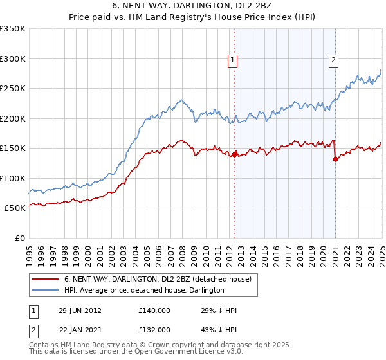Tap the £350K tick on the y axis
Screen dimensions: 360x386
tap(13, 29)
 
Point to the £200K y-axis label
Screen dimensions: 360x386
tap(13, 118)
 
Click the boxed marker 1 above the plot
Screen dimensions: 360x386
tap(233, 61)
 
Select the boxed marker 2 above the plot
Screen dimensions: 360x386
tap(334, 61)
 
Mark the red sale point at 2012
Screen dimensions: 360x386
tap(235, 154)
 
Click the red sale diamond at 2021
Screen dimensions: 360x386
tap(336, 159)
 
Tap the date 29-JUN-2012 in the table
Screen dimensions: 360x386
tap(80, 310)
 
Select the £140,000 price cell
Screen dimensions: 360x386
tap(154, 310)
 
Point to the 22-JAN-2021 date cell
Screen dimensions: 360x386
tap(80, 329)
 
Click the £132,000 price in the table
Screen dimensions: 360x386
tap(154, 329)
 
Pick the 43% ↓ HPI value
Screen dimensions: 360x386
tap(219, 329)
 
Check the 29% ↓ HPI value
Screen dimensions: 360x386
tap(219, 310)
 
